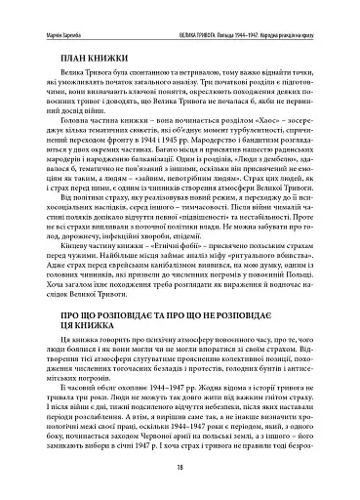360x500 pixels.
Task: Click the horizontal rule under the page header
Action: point(180,22)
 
